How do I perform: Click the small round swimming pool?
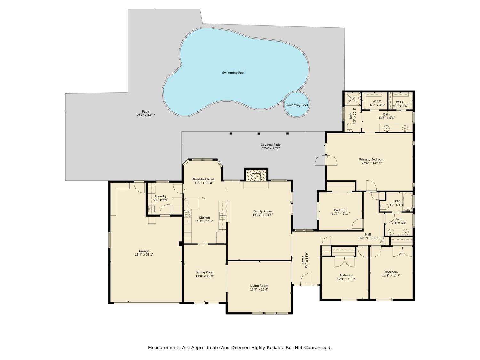click(x=297, y=105)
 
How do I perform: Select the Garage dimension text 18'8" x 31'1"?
click(x=144, y=255)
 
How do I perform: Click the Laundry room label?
click(x=161, y=196)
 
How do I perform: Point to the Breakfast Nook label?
click(x=204, y=179)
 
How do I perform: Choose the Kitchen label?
click(x=204, y=218)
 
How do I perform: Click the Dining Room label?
click(x=205, y=272)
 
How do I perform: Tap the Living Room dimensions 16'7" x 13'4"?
click(x=259, y=290)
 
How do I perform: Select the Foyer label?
click(x=303, y=260)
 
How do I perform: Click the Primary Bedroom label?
click(x=372, y=159)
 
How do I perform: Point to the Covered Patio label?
click(x=270, y=145)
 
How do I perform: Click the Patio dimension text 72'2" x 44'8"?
click(x=146, y=115)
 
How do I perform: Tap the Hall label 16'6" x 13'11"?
click(x=368, y=238)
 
